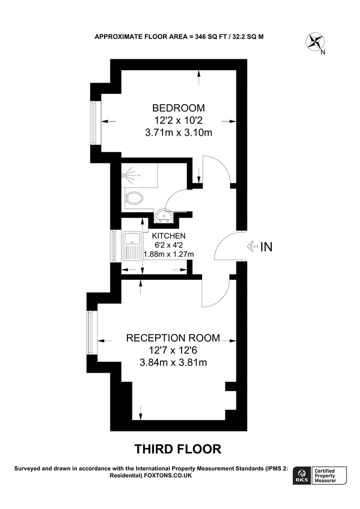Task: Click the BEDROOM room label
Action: click(178, 108)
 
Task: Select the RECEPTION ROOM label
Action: click(173, 338)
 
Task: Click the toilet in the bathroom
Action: click(135, 198)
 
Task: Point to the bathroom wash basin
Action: click(165, 215)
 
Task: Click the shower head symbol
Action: click(128, 175)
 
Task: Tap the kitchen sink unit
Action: click(132, 245)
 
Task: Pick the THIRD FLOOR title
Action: click(177, 449)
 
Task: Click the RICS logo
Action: click(301, 476)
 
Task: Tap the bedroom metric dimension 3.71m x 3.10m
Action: click(178, 133)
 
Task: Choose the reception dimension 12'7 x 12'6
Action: click(173, 351)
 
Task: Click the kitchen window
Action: click(115, 245)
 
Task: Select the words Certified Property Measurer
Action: click(328, 476)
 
